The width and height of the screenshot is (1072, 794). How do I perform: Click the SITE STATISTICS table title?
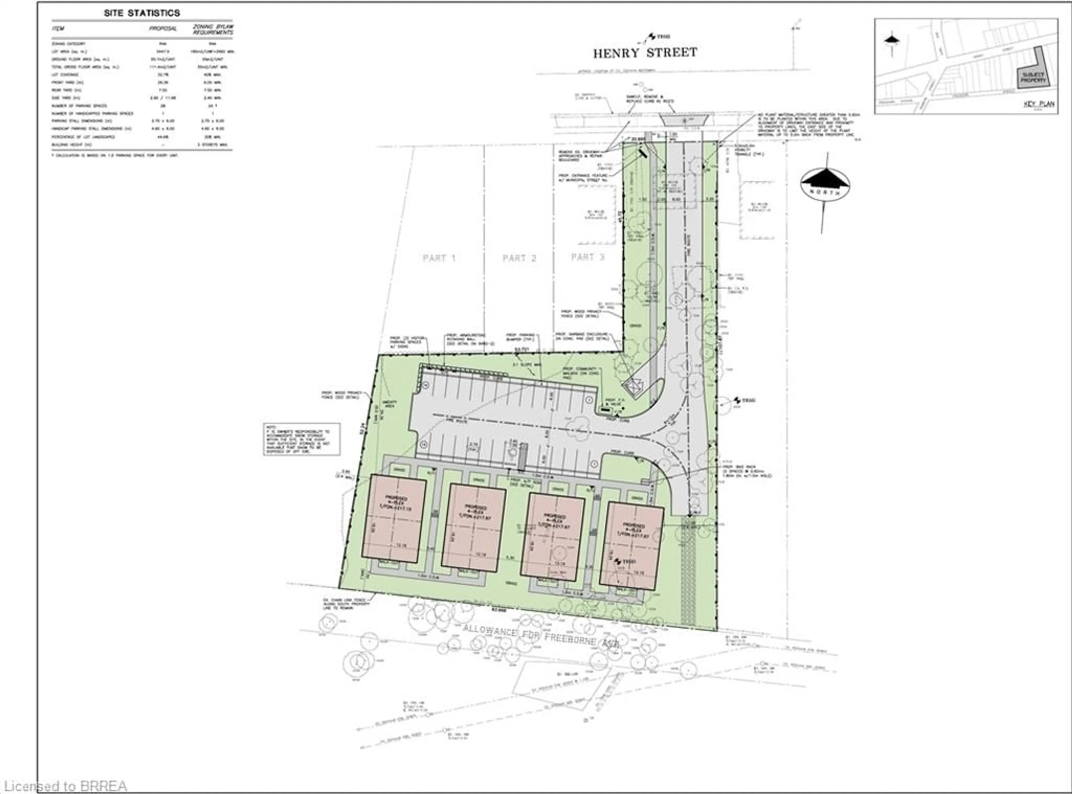coord(142,13)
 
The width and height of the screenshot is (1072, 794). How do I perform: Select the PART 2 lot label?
coord(519,258)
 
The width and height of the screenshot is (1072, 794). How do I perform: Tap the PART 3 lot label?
coord(587,257)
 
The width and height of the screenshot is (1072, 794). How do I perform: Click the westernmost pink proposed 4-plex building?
coord(394,518)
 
